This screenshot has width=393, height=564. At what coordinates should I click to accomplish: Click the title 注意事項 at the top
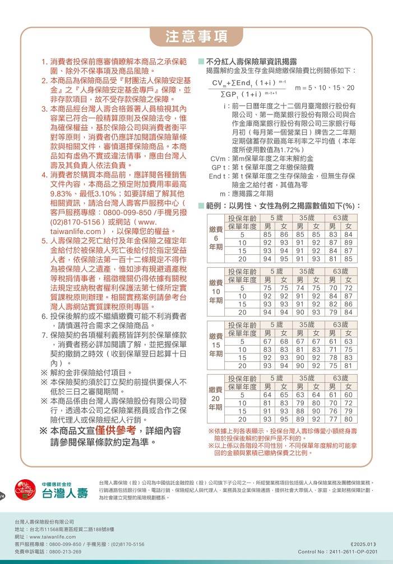point(196,36)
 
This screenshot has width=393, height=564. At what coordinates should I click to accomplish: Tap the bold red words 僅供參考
point(115,430)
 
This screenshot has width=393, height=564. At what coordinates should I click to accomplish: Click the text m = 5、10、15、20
point(325,88)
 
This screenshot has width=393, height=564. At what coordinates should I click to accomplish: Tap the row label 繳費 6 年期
point(215,239)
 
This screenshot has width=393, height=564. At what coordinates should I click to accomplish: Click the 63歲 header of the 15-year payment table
point(340,325)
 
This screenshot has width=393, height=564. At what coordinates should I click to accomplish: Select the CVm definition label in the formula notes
point(218,159)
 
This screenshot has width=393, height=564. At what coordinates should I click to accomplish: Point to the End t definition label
point(218,176)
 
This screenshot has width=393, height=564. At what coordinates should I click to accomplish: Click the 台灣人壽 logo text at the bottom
point(65,493)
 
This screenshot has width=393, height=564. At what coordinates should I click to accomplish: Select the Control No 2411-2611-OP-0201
point(342,552)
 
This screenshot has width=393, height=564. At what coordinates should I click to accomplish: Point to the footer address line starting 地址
point(64,529)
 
